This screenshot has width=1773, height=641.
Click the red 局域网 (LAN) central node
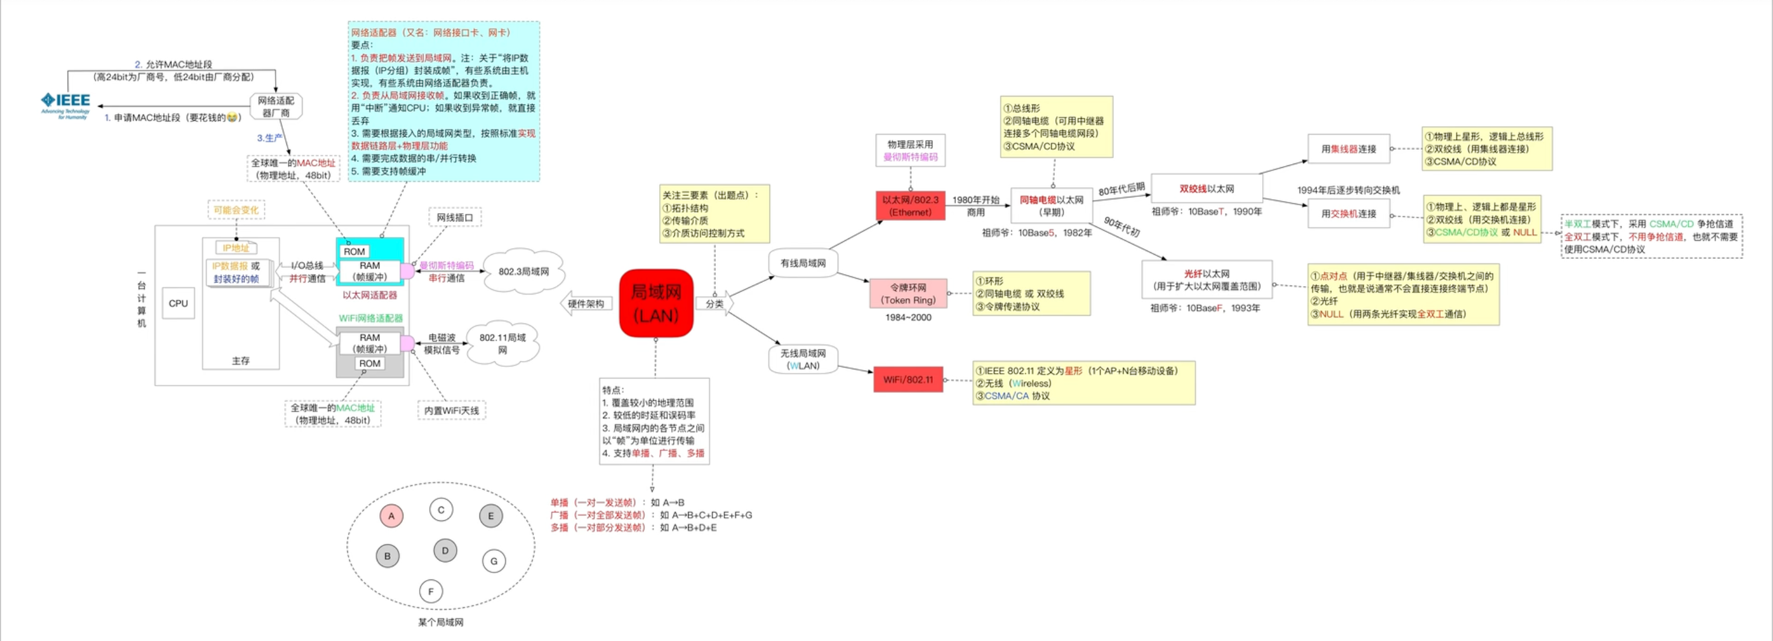pyautogui.click(x=656, y=304)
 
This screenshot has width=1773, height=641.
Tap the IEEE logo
pyautogui.click(x=65, y=104)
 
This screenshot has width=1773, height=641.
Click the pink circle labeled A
pyautogui.click(x=391, y=515)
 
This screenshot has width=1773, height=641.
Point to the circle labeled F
pyautogui.click(x=431, y=591)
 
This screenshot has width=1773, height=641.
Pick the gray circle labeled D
pyautogui.click(x=445, y=550)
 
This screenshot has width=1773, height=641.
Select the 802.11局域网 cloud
pyautogui.click(x=502, y=343)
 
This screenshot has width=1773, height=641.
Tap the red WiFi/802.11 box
pyautogui.click(x=908, y=380)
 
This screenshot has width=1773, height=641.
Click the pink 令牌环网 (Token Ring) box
pyautogui.click(x=908, y=294)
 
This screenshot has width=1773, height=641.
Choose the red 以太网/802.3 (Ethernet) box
pyautogui.click(x=910, y=206)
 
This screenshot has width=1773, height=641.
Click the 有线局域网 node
pyautogui.click(x=803, y=263)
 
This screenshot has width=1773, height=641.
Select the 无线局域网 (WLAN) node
pyautogui.click(x=803, y=359)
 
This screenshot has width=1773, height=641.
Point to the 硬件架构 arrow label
pyautogui.click(x=586, y=304)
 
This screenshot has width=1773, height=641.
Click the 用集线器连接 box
pyautogui.click(x=1348, y=148)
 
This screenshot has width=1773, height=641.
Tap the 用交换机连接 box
pyautogui.click(x=1348, y=214)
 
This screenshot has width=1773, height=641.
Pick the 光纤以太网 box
pyautogui.click(x=1207, y=279)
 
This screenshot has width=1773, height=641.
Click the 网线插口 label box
pyautogui.click(x=455, y=217)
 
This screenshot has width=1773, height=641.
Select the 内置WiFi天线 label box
pyautogui.click(x=452, y=410)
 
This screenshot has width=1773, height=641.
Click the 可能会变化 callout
pyautogui.click(x=236, y=210)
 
